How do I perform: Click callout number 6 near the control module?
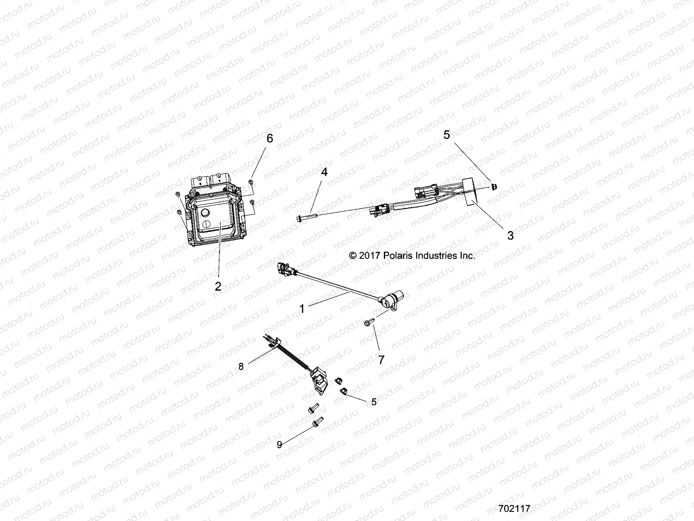coord(270,138)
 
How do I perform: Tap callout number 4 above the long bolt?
coord(324,172)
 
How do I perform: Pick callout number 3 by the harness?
coord(510,235)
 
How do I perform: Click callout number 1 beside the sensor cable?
coord(302,309)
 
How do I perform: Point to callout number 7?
coord(381,359)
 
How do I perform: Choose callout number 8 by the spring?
coord(241,366)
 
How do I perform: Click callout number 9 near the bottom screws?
coord(280,444)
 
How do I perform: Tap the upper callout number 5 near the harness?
coord(446,135)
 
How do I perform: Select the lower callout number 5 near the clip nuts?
coord(374,402)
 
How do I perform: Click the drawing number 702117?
coord(514,508)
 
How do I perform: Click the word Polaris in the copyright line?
coord(399,256)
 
